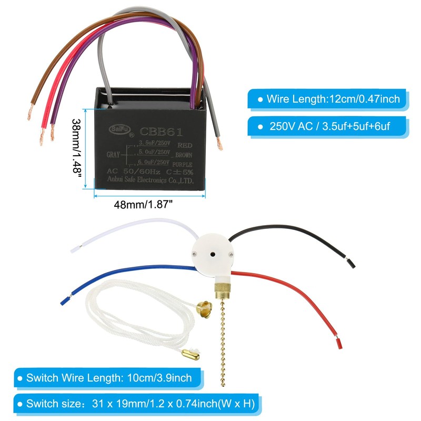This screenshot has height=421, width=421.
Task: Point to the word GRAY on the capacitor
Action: coord(114,155)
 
